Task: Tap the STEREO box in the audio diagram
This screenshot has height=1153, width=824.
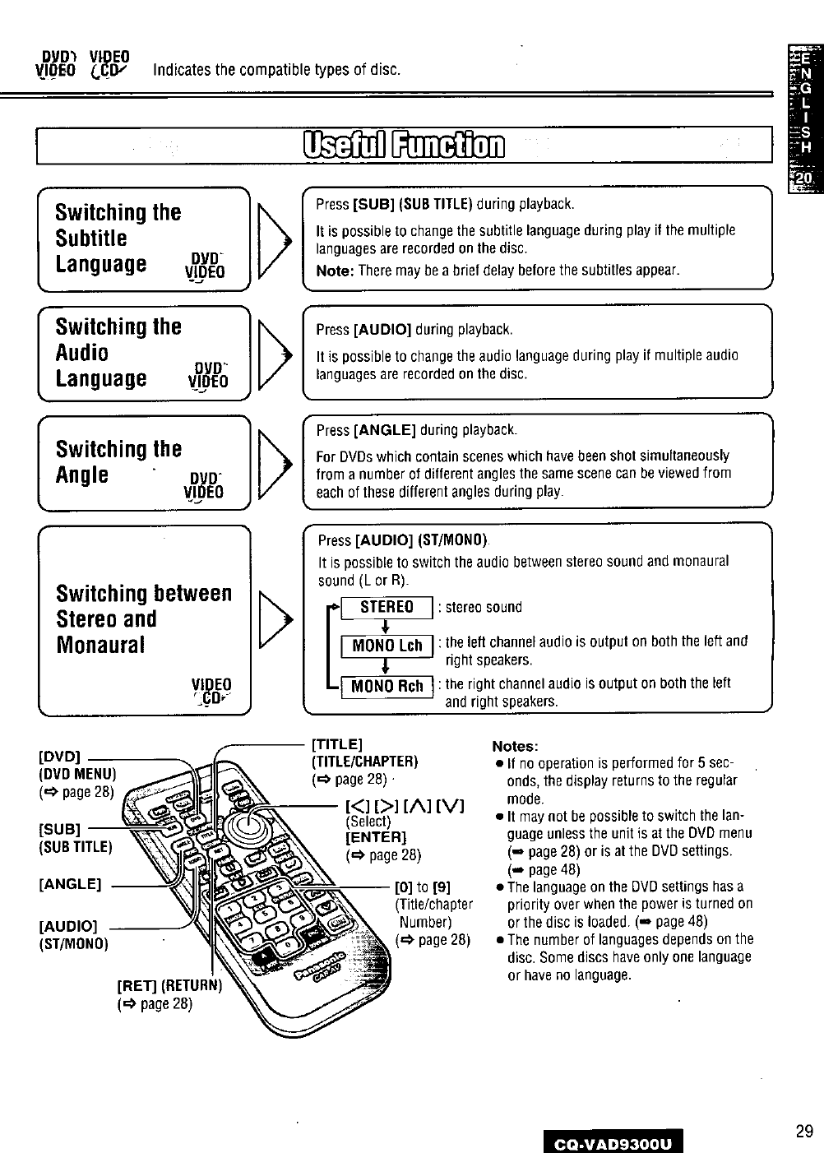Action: [387, 608]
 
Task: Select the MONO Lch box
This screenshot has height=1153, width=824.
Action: [387, 646]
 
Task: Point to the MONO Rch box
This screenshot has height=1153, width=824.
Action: [387, 686]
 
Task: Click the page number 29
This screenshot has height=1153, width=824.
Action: [803, 1131]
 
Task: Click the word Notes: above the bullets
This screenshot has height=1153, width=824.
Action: [515, 747]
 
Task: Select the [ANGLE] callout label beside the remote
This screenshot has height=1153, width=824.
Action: [69, 884]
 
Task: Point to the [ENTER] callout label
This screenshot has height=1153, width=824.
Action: [376, 837]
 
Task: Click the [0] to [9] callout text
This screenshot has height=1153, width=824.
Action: [423, 887]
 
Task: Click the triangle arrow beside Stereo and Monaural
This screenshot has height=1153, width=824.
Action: [275, 619]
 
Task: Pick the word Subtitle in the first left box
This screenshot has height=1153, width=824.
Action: [91, 238]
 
